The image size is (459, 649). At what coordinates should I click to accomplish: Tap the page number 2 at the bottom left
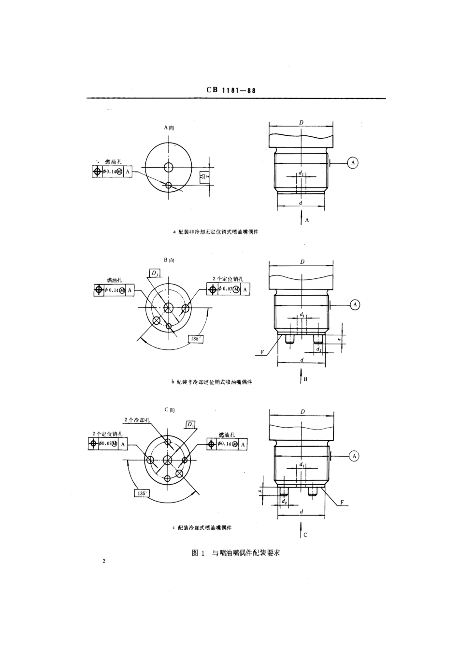104,562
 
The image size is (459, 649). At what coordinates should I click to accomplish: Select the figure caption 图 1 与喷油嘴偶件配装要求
235,553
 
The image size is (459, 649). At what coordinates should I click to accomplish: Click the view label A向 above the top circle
169,128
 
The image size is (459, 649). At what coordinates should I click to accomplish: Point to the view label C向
169,410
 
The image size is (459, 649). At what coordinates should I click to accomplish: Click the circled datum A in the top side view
353,163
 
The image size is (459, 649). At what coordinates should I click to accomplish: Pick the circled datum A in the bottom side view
355,456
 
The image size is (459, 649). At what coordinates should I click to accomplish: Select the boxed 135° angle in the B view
195,339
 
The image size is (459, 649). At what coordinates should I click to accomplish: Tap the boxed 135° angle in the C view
142,493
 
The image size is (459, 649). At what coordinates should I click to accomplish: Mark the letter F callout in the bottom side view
341,503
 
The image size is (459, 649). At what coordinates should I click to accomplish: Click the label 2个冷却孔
138,420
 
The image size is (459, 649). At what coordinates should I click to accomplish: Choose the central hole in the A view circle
168,167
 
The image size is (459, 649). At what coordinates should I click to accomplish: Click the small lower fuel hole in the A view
168,185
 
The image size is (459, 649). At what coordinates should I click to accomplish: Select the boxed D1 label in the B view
155,274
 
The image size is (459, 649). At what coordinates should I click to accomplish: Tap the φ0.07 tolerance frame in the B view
228,289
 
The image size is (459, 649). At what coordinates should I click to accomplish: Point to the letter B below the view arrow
305,379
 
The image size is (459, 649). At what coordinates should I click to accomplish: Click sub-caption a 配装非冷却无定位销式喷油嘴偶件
215,232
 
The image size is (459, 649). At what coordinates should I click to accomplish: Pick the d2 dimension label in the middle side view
318,349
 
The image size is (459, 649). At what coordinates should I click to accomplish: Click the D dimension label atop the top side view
301,123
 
